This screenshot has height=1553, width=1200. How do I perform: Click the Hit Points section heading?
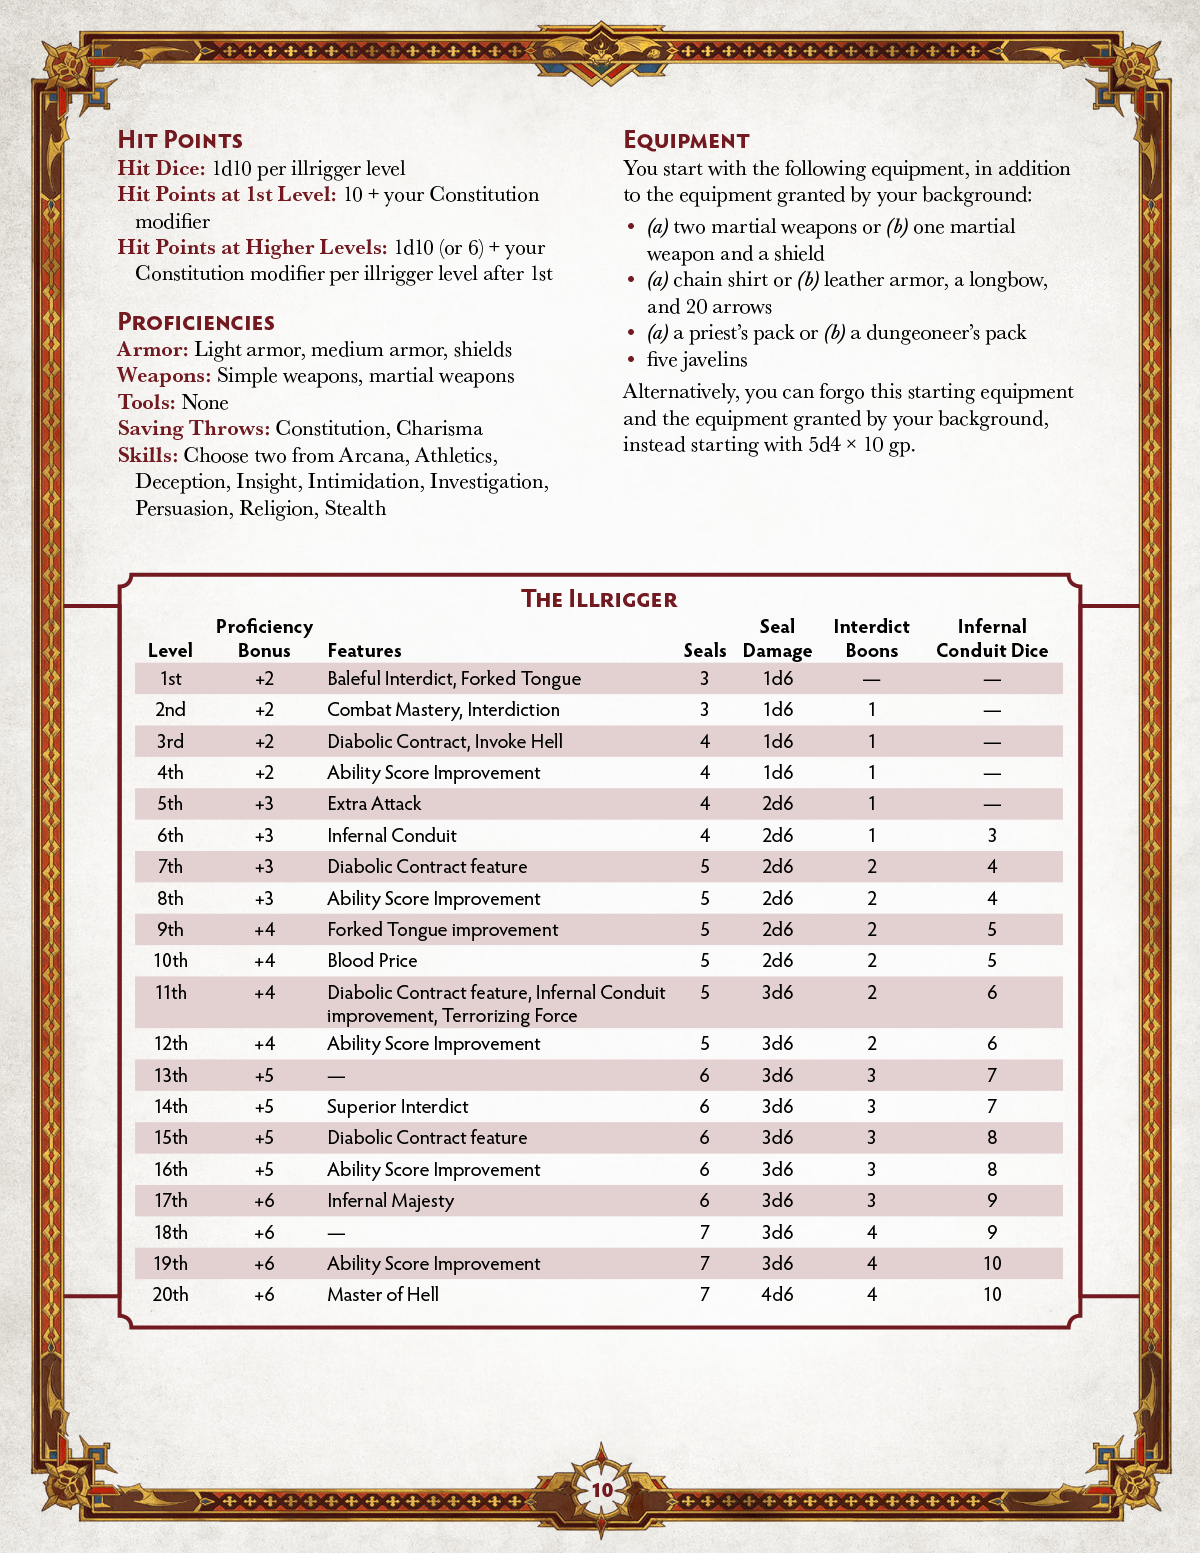(180, 140)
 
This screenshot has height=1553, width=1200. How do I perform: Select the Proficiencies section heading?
(196, 322)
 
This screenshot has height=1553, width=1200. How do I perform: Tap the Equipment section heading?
(686, 140)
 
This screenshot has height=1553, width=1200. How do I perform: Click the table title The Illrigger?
(599, 599)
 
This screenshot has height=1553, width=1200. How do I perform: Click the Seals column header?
(705, 650)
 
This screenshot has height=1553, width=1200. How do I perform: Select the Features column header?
(364, 650)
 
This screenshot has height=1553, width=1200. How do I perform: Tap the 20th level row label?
(170, 1294)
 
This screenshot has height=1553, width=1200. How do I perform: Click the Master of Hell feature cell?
(383, 1294)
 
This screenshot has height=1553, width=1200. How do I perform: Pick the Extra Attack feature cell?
(374, 803)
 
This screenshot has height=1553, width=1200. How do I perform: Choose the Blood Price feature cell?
(372, 960)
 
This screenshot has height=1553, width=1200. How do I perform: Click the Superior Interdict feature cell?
(397, 1106)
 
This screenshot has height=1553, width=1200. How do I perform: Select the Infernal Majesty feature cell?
(390, 1200)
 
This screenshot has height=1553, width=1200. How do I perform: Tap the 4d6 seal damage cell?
(777, 1294)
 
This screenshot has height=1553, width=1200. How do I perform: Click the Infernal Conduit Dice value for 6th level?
(992, 835)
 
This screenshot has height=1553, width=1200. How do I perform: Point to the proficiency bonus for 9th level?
(264, 929)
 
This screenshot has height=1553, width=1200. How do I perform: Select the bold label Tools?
(147, 402)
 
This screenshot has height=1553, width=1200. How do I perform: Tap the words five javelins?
(697, 360)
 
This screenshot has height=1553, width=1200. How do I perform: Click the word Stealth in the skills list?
(355, 508)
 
